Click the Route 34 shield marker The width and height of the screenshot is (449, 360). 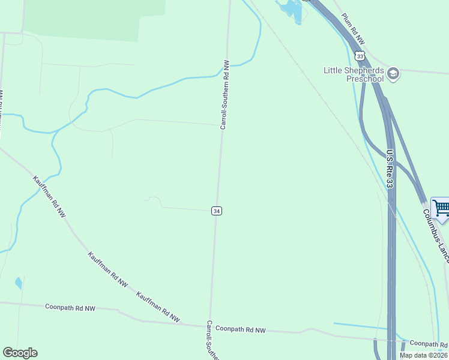(217, 211)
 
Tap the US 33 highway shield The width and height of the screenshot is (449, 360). (360, 56)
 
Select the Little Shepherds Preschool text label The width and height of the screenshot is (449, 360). (354, 74)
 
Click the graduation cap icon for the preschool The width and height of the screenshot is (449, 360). (393, 73)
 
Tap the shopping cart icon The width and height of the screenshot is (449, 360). (441, 208)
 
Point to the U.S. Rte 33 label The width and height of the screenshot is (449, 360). (390, 169)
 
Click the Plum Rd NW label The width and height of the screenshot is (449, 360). (354, 29)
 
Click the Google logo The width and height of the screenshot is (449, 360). (20, 353)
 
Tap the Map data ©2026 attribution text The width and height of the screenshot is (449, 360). (424, 355)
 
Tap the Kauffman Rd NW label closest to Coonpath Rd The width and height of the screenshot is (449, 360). (158, 307)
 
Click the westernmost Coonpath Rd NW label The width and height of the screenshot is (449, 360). (70, 308)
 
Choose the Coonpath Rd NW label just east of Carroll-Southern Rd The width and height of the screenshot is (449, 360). (240, 329)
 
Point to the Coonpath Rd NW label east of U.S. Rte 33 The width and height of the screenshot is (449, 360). (429, 344)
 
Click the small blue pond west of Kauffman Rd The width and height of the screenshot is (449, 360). (19, 283)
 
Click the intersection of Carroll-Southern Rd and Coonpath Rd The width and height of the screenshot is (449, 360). (209, 326)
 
